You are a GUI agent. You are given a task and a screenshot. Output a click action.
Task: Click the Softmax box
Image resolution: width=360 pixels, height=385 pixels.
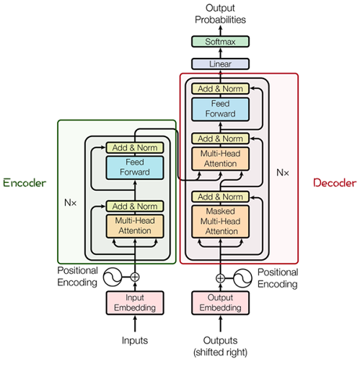pyautogui.click(x=219, y=42)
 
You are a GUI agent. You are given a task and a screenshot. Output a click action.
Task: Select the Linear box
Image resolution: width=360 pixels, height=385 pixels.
pyautogui.click(x=219, y=64)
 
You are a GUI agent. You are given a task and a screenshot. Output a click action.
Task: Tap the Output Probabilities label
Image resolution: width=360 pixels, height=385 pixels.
pyautogui.click(x=219, y=14)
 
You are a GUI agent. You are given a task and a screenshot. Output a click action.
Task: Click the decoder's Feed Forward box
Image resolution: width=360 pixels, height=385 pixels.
pyautogui.click(x=219, y=109)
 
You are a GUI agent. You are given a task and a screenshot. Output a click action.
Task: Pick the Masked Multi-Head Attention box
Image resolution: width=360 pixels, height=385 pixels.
pyautogui.click(x=219, y=220)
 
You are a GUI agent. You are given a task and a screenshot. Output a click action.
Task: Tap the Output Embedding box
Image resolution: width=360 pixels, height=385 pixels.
pyautogui.click(x=219, y=304)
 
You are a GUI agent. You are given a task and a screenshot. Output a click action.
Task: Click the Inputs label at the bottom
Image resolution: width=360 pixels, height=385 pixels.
pyautogui.click(x=135, y=340)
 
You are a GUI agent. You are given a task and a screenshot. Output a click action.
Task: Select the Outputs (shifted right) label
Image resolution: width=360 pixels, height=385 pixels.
pyautogui.click(x=219, y=346)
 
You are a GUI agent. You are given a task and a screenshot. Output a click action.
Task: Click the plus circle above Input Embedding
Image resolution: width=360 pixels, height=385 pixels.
pyautogui.click(x=135, y=277)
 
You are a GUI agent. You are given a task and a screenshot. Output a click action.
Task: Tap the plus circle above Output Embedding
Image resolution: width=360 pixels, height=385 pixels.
pyautogui.click(x=219, y=277)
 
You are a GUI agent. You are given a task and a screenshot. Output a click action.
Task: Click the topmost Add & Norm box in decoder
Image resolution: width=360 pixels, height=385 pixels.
pyautogui.click(x=219, y=89)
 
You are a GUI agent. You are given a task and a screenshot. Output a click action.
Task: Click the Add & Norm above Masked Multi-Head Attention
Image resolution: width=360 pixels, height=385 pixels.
pyautogui.click(x=219, y=196)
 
